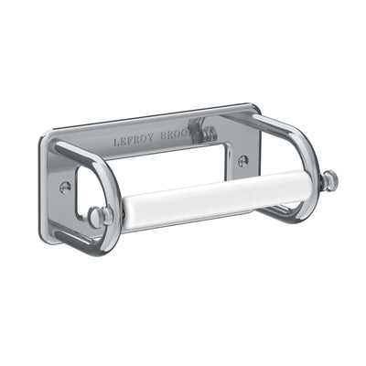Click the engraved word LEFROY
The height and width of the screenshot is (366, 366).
tap(133, 141)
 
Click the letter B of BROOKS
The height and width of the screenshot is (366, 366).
tap(165, 135)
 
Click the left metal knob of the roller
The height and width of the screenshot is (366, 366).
tap(99, 216)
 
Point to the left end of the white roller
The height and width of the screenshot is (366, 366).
tap(119, 214)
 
